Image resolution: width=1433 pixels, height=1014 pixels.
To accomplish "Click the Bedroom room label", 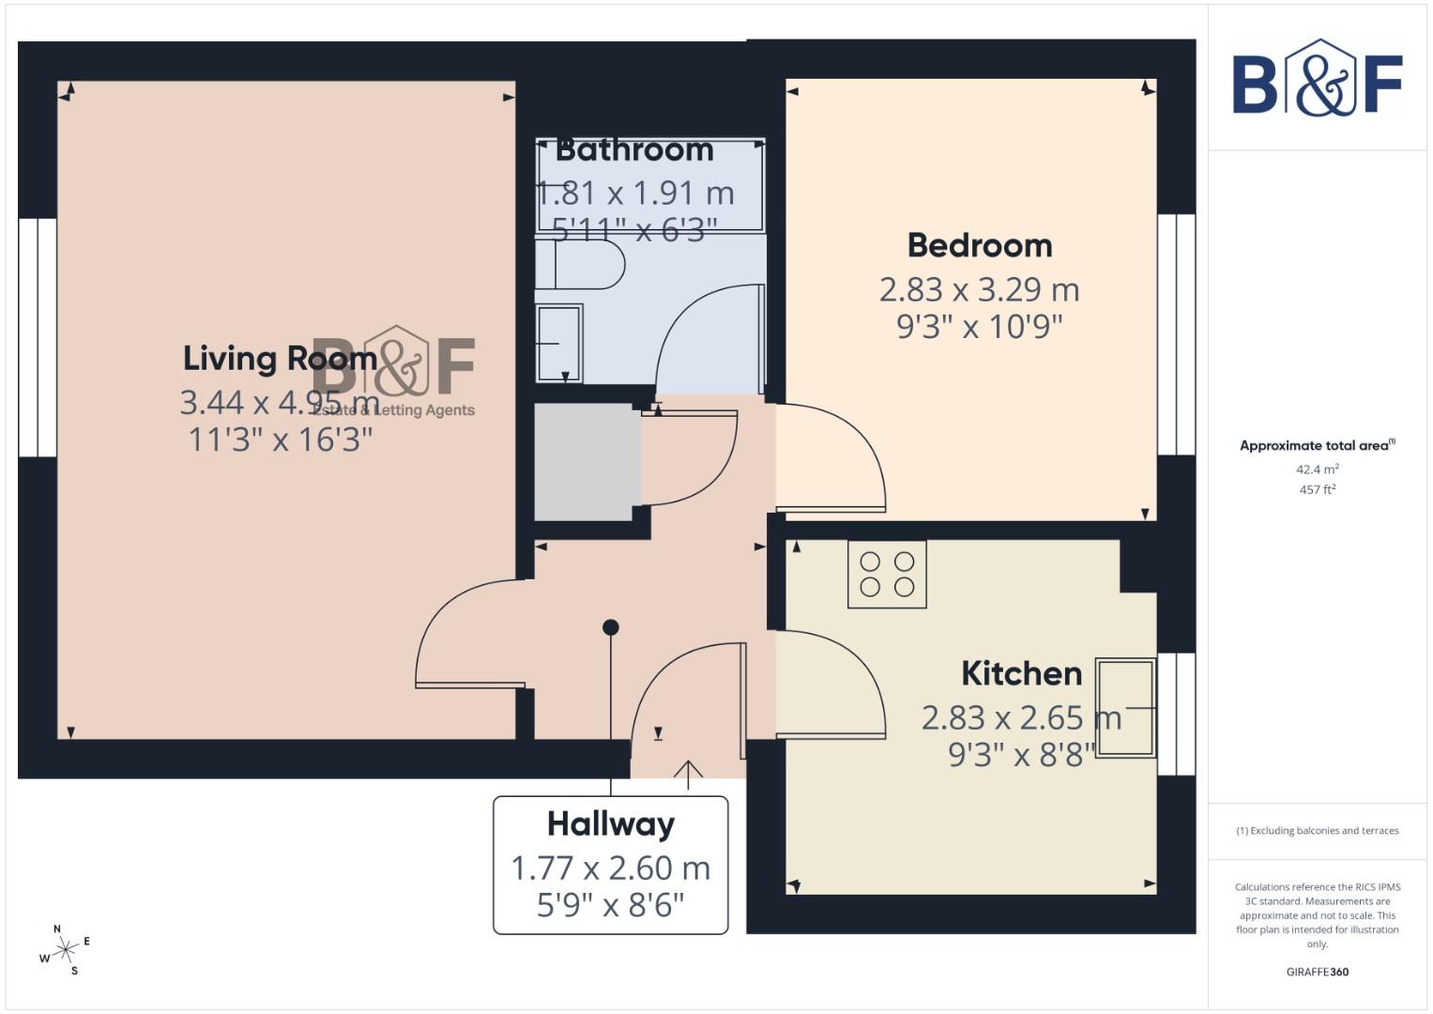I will click(979, 246).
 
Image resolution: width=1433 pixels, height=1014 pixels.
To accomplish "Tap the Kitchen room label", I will click(1021, 674).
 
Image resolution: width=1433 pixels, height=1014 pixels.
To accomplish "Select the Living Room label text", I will click(279, 359).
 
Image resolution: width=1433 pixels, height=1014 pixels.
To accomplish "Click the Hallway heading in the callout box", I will click(611, 824).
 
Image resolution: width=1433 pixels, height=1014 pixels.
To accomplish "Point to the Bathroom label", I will click(634, 150).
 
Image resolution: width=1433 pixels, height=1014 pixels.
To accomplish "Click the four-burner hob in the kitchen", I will click(887, 574).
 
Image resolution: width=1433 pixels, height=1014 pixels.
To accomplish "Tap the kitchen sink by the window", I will click(1125, 708).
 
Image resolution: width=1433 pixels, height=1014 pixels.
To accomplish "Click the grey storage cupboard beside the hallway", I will click(584, 462).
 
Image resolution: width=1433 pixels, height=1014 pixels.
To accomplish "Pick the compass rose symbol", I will click(65, 951).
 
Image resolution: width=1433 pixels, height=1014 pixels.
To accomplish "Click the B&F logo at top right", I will click(1317, 80).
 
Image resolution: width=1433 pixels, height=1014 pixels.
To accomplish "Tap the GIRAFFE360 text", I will click(1317, 972).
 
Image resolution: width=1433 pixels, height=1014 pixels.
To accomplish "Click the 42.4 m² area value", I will click(1317, 469).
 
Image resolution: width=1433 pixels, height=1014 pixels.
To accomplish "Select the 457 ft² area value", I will click(1317, 489).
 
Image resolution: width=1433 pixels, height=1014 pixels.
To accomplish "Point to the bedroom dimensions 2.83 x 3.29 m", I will click(979, 290).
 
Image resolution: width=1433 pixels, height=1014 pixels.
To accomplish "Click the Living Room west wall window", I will click(38, 338).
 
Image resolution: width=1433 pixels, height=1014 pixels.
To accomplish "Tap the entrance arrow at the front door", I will click(689, 773).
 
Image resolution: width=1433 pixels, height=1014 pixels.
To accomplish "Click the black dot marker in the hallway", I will click(611, 627).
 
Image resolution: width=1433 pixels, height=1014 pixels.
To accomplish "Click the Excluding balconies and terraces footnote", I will click(1317, 831).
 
